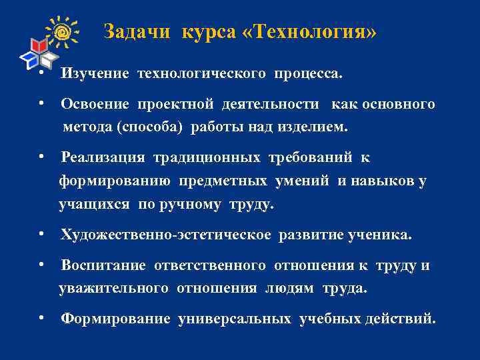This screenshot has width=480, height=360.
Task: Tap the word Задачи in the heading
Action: coord(137,32)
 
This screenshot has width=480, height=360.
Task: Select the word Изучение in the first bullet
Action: coord(95,73)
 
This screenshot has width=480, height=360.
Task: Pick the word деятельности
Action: coord(269,105)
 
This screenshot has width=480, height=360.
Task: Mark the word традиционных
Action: coord(207,158)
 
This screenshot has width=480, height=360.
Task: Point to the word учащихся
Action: coord(94,205)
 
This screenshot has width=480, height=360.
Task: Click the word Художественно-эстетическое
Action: coord(166,235)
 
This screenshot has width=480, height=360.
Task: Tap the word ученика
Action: coord(382,235)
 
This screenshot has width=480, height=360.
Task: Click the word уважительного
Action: coord(113,288)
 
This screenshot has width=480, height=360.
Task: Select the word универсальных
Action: coord(235,319)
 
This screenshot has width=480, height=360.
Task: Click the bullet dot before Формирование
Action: coord(41,317)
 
